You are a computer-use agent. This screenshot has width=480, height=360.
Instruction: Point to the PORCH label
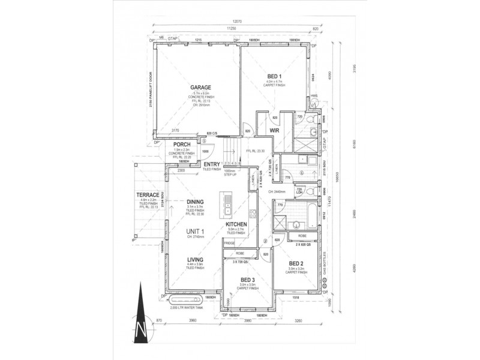182,145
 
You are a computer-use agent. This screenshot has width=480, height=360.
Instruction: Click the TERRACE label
147,196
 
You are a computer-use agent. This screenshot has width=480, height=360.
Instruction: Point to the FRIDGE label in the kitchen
229,242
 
